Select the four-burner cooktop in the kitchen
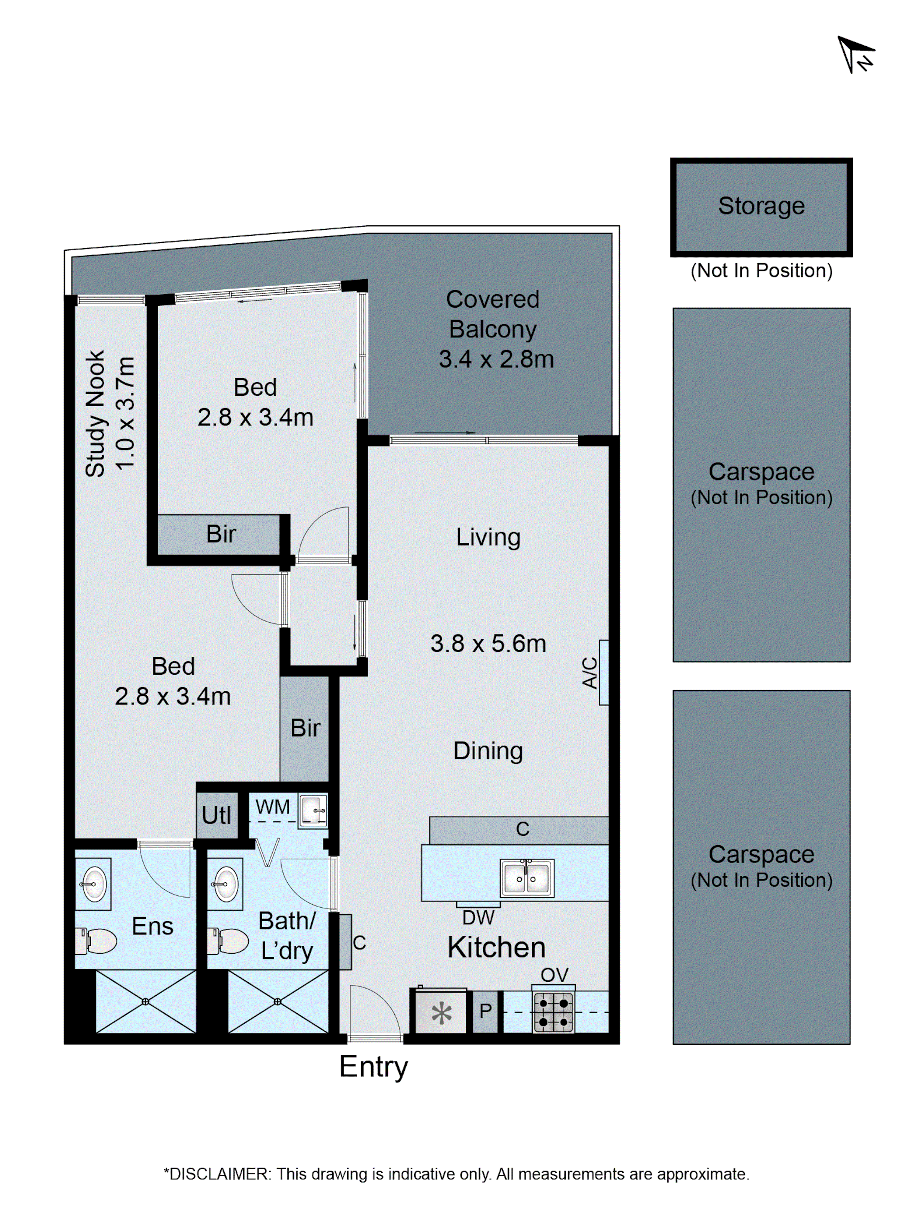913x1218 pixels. click(553, 1012)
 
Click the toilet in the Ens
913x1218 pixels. click(96, 941)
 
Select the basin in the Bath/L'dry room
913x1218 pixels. click(226, 884)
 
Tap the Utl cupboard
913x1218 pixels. click(217, 815)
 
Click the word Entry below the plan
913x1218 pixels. click(373, 1067)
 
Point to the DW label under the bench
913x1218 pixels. click(478, 918)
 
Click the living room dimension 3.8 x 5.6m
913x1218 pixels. click(488, 644)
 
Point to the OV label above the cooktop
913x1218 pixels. click(554, 975)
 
